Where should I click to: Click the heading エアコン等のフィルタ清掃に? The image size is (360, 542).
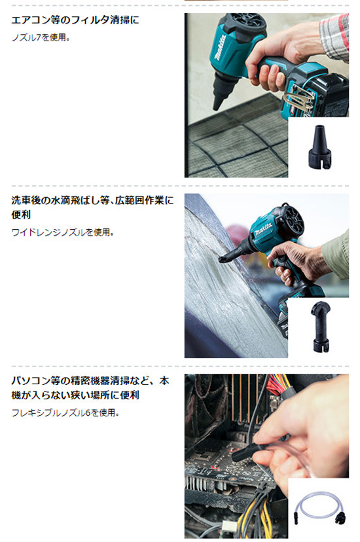coord(75,20)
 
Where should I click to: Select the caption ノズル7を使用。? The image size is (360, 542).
coord(41,38)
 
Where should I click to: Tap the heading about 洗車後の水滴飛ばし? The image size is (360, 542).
coord(92,208)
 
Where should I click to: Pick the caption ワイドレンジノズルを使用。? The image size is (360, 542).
coord(63,232)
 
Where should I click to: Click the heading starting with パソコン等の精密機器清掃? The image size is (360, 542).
coord(90,388)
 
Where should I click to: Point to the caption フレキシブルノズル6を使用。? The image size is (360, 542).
coord(65,413)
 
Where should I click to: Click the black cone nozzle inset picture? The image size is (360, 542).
coord(319,147)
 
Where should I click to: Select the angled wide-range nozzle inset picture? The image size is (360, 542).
coord(320,326)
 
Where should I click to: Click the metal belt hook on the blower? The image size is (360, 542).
coord(298,99)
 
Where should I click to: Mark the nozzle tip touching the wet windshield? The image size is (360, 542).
coord(221,259)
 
